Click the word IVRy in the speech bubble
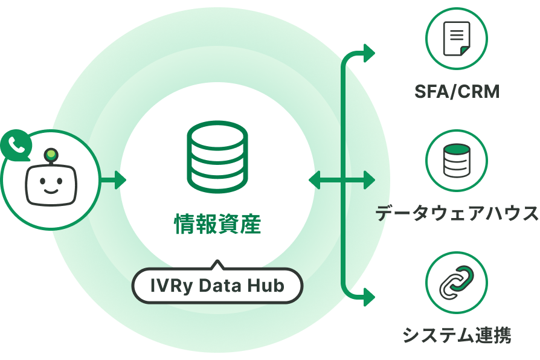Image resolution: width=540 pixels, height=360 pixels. coord(162,285)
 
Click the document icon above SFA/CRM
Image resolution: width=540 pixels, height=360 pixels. coord(457,38)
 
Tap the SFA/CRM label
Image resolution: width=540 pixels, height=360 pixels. coord(457,92)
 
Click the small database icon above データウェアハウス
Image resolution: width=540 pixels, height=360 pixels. coord(457,161)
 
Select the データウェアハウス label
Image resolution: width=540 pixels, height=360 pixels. coord(457,213)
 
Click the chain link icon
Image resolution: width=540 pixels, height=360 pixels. coord(457,282)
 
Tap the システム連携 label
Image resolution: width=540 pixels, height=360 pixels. coord(457,334)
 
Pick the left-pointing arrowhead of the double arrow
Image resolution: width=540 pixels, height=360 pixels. coord(315,180)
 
